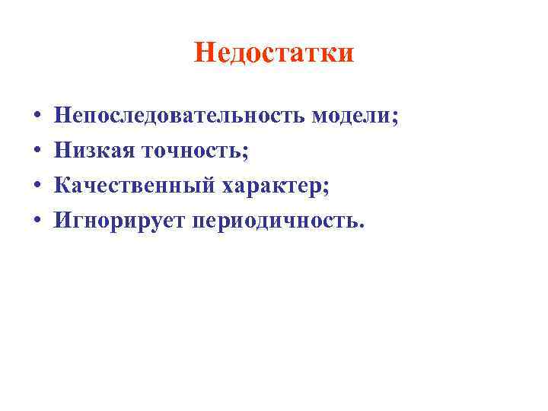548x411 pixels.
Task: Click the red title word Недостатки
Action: click(x=274, y=53)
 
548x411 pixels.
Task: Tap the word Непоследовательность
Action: click(x=180, y=116)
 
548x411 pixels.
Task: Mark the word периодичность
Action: click(x=276, y=221)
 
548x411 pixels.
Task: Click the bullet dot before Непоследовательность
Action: click(x=37, y=117)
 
